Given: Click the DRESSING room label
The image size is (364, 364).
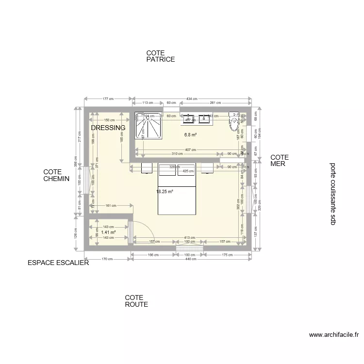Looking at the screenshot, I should pyautogui.click(x=108, y=128).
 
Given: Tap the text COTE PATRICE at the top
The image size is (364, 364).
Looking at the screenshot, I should pyautogui.click(x=160, y=56).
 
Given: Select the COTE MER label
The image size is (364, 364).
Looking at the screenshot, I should pyautogui.click(x=280, y=161).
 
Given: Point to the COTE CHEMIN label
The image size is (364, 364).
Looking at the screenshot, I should pyautogui.click(x=56, y=175).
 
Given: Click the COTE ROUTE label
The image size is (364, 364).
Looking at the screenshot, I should pyautogui.click(x=136, y=301).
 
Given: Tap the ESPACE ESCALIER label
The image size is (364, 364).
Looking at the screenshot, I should pyautogui.click(x=58, y=263).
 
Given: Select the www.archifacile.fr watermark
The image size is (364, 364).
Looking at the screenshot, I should pyautogui.click(x=333, y=335).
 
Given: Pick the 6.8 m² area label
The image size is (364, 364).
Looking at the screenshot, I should pyautogui.click(x=190, y=135).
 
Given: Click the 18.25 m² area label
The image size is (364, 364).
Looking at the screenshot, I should pyautogui.click(x=165, y=192).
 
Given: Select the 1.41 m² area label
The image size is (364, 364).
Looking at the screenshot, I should pyautogui.click(x=108, y=232).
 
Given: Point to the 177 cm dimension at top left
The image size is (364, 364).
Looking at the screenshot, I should pyautogui.click(x=108, y=99).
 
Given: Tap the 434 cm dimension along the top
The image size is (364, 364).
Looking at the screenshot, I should pyautogui.click(x=192, y=99).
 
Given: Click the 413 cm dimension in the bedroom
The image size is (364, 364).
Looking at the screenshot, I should pyautogui.click(x=190, y=238).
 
